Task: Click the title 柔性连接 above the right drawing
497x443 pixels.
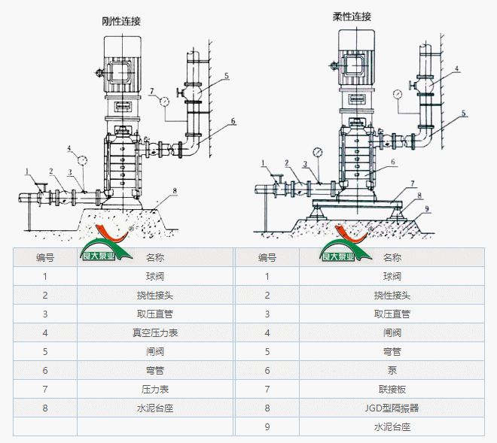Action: pos(352,17)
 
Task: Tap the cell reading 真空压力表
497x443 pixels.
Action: pos(155,332)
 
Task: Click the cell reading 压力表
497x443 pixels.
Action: pos(155,390)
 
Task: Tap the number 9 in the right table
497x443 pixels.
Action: pos(267,427)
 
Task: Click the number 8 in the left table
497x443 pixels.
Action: pos(45,408)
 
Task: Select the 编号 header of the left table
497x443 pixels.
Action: pos(45,257)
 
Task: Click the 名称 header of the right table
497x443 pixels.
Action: pos(392,257)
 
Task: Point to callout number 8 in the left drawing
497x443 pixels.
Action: pos(174,191)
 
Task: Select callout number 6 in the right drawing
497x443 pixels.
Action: pos(392,161)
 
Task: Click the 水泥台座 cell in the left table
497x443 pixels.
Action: pos(155,408)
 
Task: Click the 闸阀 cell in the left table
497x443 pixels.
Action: pos(155,351)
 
